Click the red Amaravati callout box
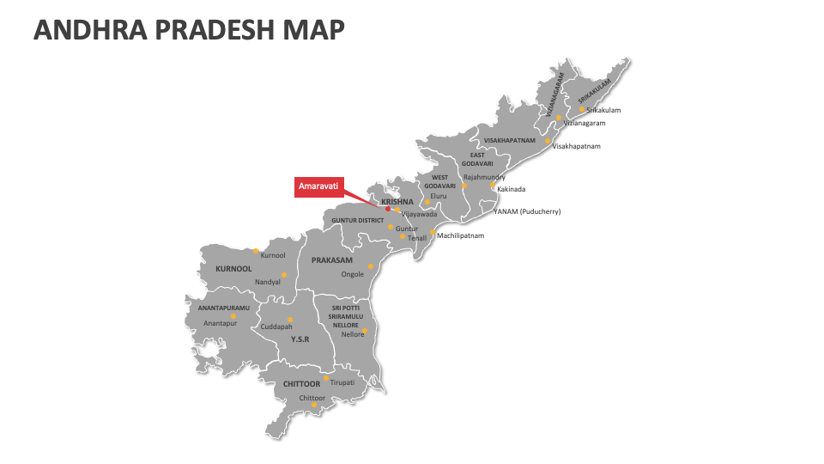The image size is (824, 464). (319, 186)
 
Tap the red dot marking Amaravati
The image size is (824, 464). (387, 209)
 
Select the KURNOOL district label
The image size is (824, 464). (233, 269)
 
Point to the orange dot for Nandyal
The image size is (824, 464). (284, 275)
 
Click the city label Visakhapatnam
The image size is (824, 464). (576, 146)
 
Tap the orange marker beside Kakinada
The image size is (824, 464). (493, 185)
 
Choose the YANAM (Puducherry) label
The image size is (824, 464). (526, 211)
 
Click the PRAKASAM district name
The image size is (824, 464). (331, 259)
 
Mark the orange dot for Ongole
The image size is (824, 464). (370, 266)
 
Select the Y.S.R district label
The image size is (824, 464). (300, 339)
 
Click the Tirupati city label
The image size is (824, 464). (342, 382)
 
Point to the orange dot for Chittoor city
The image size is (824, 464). (314, 406)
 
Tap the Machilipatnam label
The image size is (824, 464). (460, 235)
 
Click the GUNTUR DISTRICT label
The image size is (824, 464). (358, 220)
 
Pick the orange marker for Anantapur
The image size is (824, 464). (233, 316)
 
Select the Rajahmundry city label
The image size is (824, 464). (484, 177)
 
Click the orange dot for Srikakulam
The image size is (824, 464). (581, 109)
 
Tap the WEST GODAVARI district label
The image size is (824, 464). (439, 182)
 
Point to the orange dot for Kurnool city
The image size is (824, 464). (256, 251)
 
